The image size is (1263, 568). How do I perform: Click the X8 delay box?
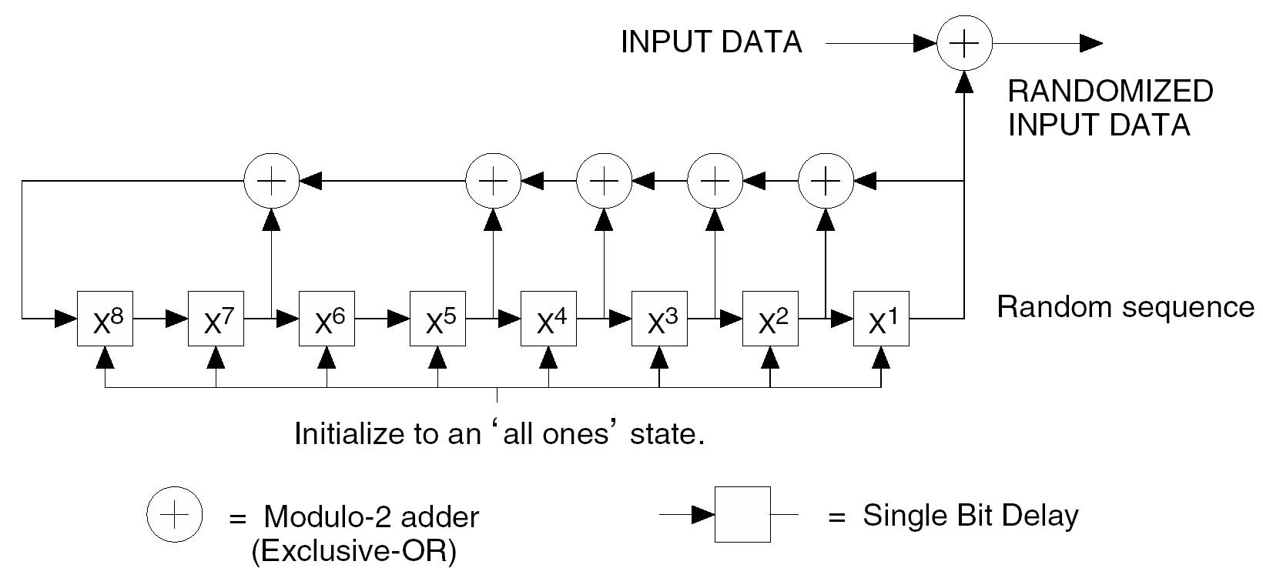105,319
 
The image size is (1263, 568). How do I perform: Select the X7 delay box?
216,319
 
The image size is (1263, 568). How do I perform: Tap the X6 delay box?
327,319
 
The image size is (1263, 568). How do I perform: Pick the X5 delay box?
437,319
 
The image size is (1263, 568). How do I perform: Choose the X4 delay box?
548,319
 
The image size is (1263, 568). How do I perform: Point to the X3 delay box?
659,319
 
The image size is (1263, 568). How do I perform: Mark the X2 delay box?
770,319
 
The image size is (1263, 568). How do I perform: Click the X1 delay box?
881,319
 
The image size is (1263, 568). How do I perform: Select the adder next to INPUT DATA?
964,44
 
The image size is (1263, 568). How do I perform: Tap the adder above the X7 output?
271,182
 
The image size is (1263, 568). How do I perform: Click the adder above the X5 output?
493,182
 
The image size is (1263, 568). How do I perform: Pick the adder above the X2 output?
826,182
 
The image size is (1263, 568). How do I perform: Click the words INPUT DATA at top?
711,42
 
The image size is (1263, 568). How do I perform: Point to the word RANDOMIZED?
1111,92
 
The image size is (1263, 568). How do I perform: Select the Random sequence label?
1125,307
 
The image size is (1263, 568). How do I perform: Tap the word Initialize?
343,434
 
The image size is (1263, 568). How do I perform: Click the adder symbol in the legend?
175,514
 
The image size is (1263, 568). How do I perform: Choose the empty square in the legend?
742,514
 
